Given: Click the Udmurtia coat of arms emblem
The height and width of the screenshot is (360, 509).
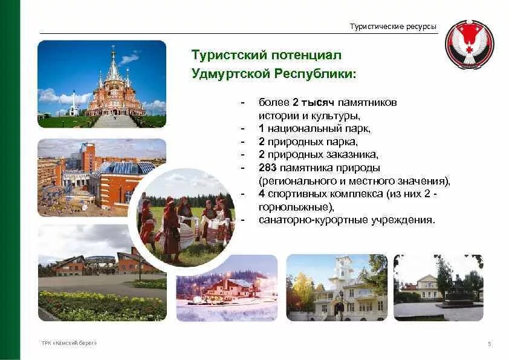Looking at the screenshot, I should [x=469, y=45].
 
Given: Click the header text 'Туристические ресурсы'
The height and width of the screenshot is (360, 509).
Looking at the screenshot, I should [x=392, y=26].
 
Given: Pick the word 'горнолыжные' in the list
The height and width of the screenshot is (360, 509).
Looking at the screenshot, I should [x=293, y=207].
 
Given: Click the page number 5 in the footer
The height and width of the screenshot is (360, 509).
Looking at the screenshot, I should [x=489, y=344].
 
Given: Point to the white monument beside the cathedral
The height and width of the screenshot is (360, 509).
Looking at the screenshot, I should [x=73, y=104].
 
